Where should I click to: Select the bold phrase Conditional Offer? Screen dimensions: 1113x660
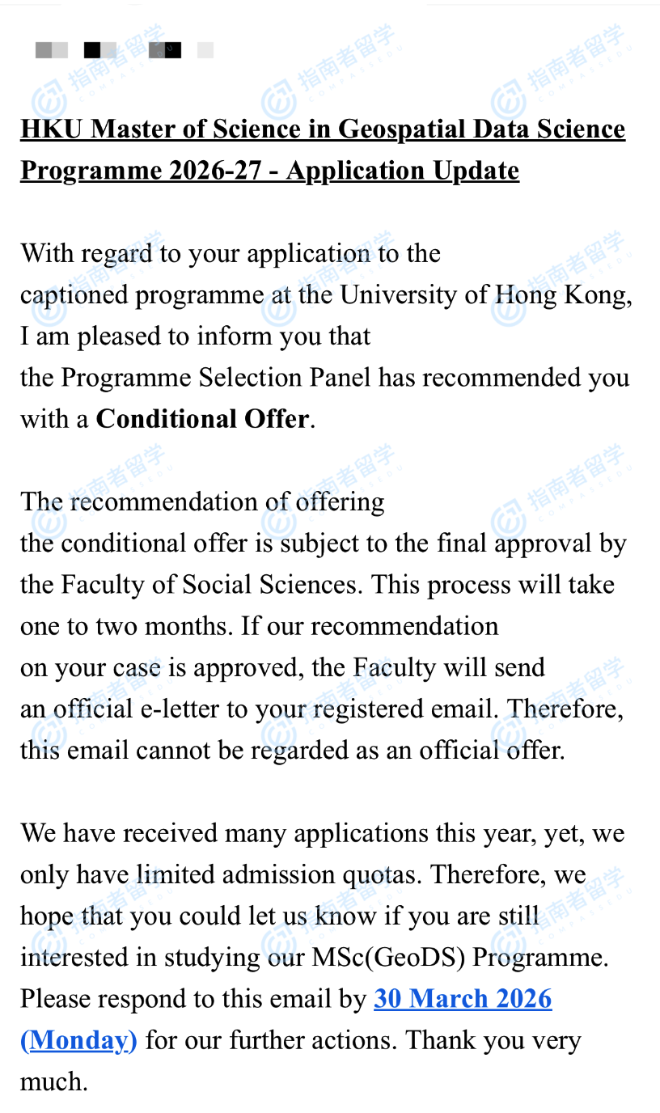[x=203, y=419]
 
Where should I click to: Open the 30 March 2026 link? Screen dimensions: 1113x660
[x=463, y=999]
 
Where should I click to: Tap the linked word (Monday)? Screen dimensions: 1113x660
[x=78, y=1040]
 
